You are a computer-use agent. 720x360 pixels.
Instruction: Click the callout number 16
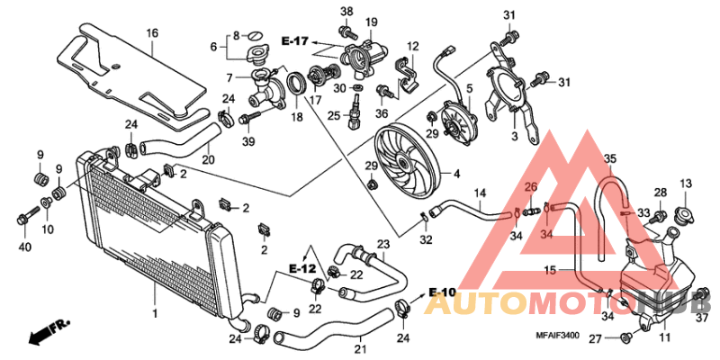coord(152,33)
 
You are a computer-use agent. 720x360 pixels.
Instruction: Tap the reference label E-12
coord(302,269)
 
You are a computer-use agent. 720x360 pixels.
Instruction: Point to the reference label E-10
coord(444,292)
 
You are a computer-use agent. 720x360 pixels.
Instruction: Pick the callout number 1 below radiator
coord(154,314)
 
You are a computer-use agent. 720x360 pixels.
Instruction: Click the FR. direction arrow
coord(49,335)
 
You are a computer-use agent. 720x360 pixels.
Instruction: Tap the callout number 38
coord(346,11)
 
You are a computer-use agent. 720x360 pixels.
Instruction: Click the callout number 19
coord(371,22)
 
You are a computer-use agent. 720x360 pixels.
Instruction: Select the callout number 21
coord(360,349)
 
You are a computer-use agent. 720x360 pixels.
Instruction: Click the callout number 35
coord(609,159)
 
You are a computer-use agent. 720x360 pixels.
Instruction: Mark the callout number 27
coord(594,338)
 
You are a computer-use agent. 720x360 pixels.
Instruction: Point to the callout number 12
coord(413,47)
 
